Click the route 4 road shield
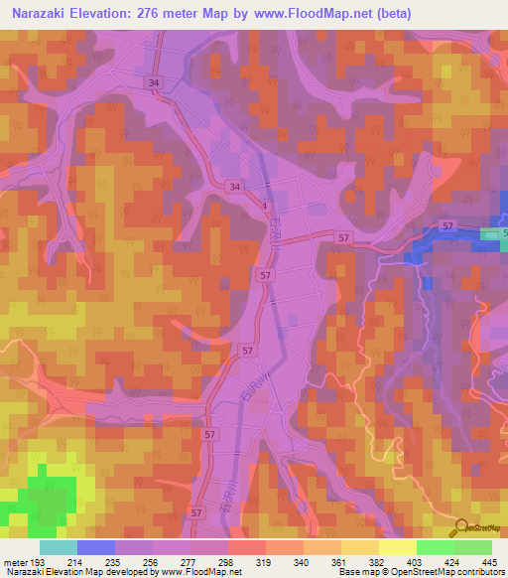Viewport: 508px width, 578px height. [x=265, y=206]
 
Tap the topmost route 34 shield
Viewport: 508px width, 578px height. [x=154, y=82]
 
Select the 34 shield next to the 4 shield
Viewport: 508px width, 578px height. [x=233, y=187]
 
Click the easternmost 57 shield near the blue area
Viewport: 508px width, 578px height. [x=447, y=227]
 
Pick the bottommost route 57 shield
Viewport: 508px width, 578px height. [x=195, y=512]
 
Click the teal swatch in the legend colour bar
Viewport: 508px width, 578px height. [x=59, y=547]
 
